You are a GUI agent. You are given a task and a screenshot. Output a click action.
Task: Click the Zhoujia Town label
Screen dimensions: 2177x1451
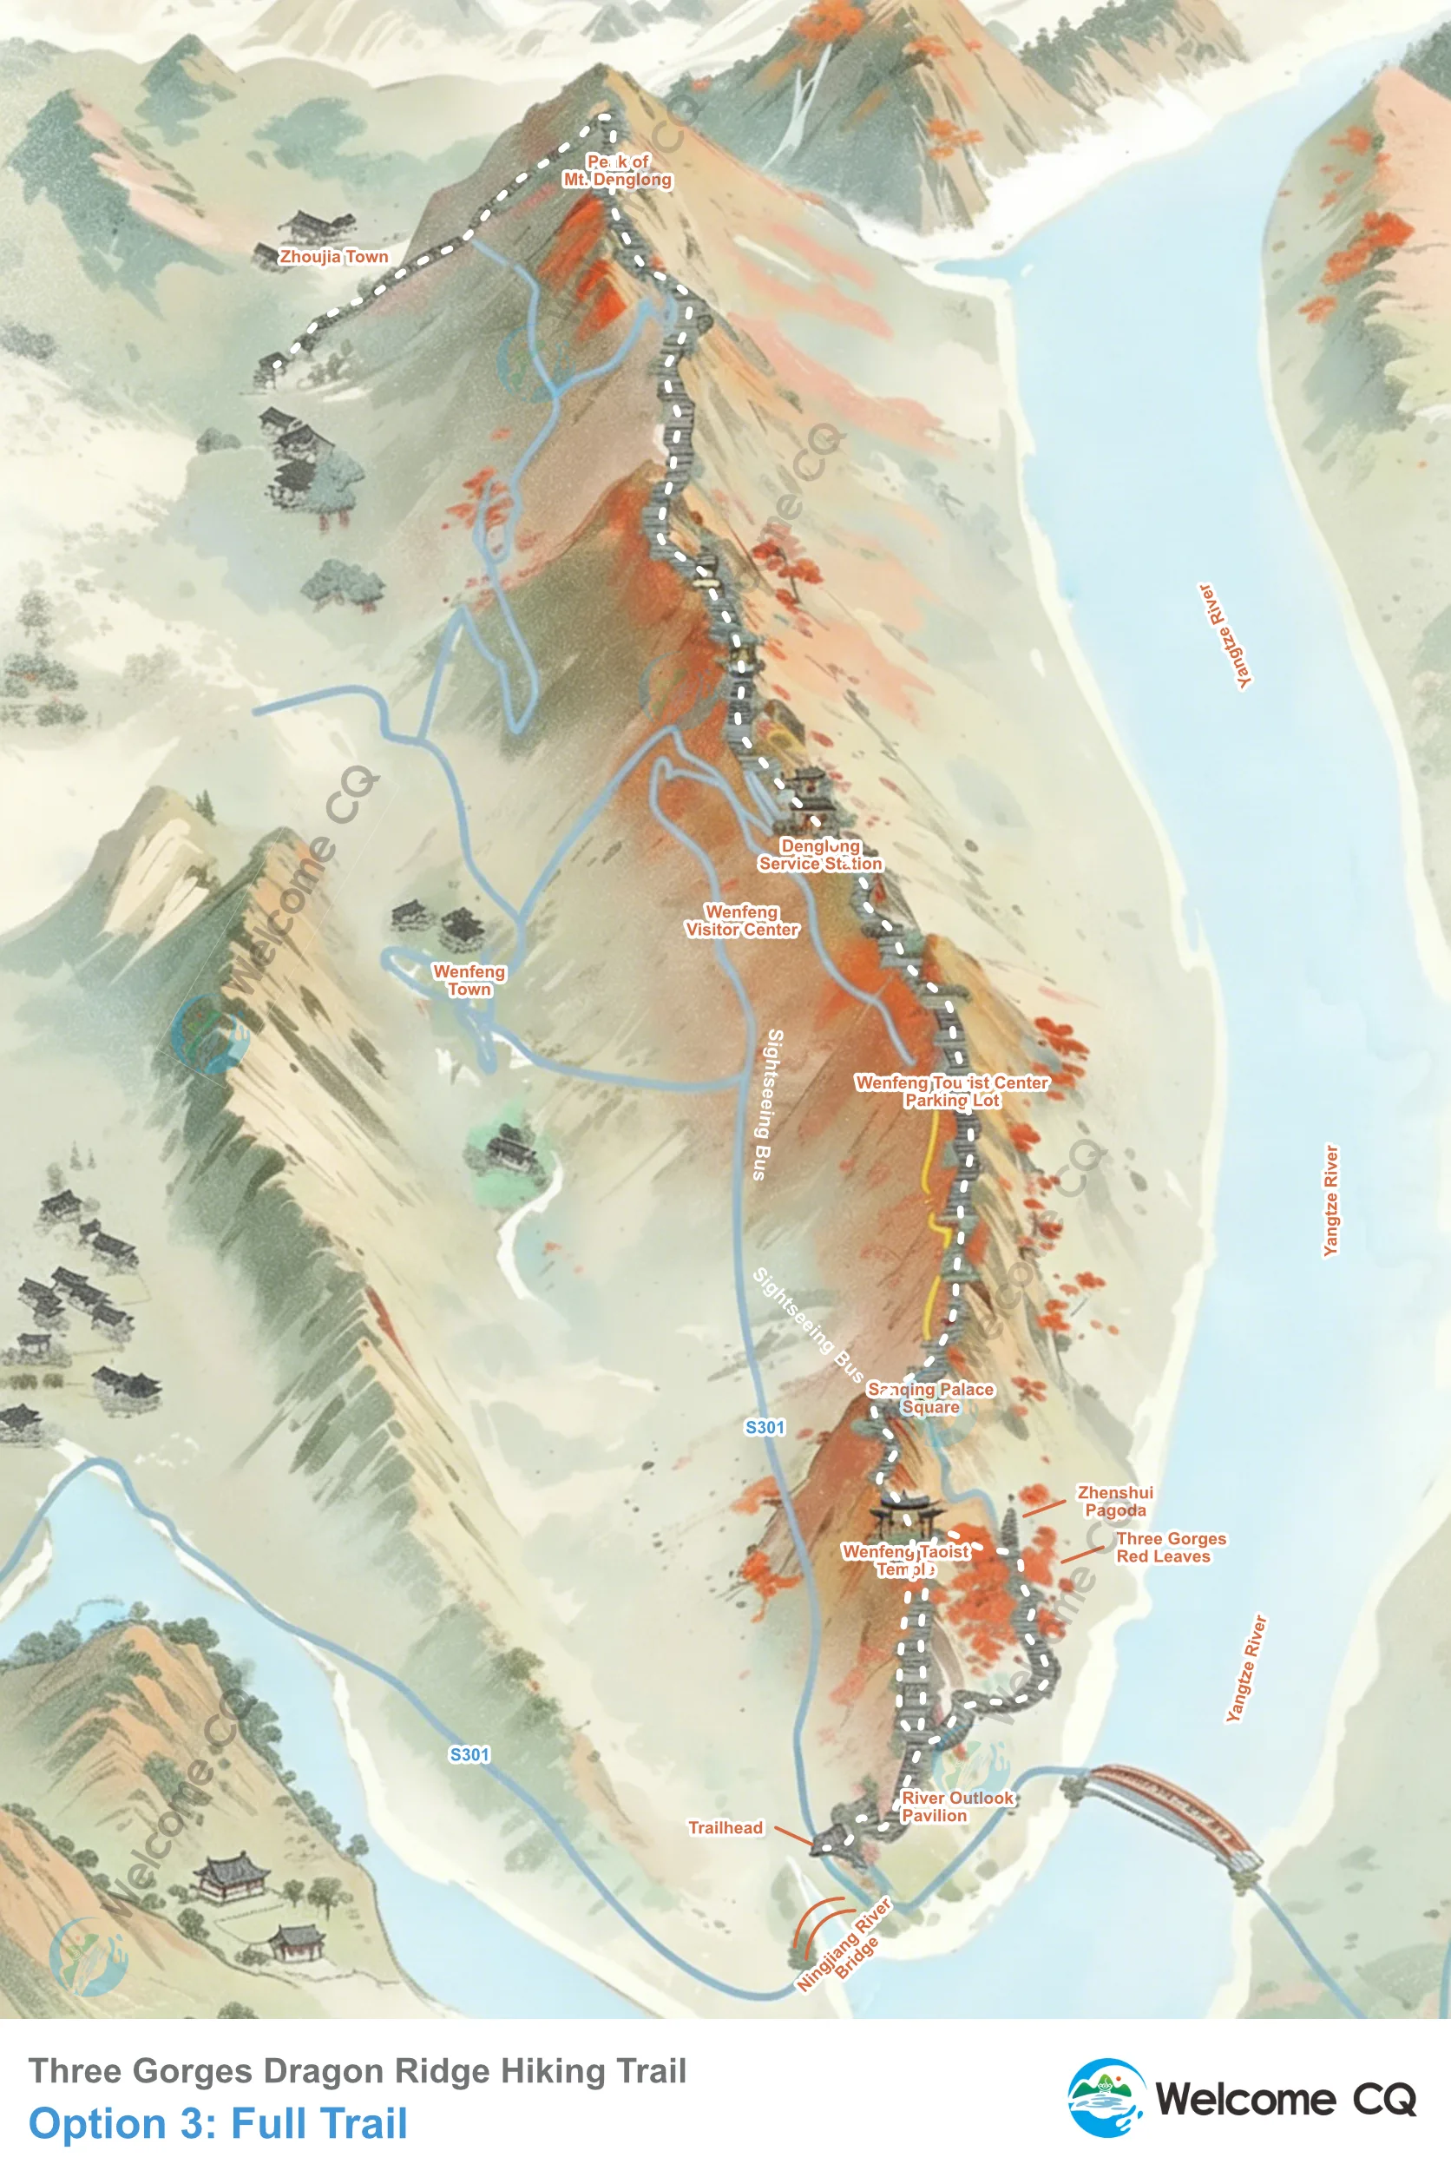(x=334, y=256)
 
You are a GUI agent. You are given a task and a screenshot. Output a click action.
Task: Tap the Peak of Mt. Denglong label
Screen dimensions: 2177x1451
(x=617, y=171)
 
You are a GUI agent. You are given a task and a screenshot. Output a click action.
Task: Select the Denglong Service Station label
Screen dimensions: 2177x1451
(x=820, y=854)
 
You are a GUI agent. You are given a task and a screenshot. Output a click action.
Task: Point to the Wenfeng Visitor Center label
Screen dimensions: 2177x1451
(x=741, y=921)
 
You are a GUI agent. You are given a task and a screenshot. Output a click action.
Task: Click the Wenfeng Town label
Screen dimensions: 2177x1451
(x=469, y=980)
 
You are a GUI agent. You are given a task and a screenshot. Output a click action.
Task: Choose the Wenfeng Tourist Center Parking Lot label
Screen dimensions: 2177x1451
(x=952, y=1091)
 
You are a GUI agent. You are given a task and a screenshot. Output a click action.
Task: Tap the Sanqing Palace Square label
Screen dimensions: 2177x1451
(x=931, y=1398)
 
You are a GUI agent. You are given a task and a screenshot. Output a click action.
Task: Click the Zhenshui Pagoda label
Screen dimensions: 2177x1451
(x=1115, y=1502)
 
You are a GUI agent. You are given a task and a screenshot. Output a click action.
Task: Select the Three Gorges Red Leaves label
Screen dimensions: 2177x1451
(x=1171, y=1548)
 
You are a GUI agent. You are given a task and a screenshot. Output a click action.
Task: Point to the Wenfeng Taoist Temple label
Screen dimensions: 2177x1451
(x=905, y=1560)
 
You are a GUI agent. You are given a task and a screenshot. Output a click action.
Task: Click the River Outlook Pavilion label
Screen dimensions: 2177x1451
(x=957, y=1805)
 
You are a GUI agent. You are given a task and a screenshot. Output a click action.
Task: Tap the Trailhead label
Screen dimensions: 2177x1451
(x=725, y=1827)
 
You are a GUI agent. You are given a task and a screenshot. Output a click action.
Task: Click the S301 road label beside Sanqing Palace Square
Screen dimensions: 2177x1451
(x=765, y=1427)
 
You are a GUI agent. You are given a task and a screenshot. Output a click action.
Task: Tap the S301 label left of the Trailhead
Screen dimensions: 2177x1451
(x=469, y=1754)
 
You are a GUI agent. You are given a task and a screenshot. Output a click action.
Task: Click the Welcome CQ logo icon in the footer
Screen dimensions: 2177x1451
(x=1106, y=2098)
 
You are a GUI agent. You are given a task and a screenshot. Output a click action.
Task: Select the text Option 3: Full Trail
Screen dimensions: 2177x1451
(x=218, y=2123)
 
